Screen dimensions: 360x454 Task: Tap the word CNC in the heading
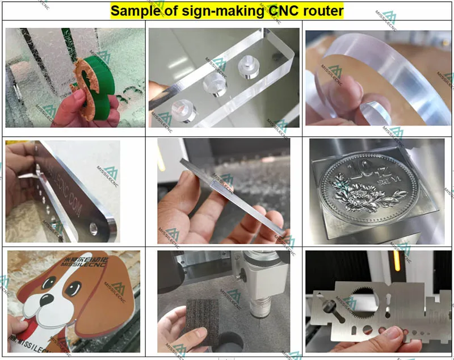click(284, 10)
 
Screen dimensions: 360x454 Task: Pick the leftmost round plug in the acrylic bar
click(182, 106)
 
